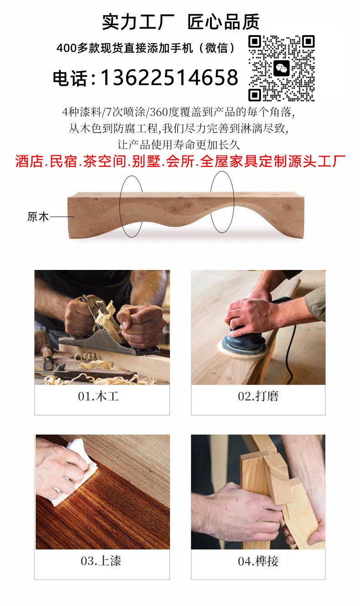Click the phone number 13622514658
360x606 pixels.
(x=170, y=78)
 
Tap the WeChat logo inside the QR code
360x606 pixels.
(x=281, y=68)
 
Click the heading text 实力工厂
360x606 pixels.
(x=138, y=22)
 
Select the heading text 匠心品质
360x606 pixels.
(x=223, y=22)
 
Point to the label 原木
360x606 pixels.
(x=38, y=217)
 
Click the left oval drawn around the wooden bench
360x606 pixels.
(x=120, y=206)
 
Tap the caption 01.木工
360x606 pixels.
(x=98, y=397)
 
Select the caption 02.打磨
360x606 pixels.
(x=258, y=396)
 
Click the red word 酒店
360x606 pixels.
(x=29, y=161)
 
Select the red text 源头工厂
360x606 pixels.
(x=317, y=161)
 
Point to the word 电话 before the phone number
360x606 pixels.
(x=70, y=78)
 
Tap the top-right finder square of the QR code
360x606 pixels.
(x=308, y=41)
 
